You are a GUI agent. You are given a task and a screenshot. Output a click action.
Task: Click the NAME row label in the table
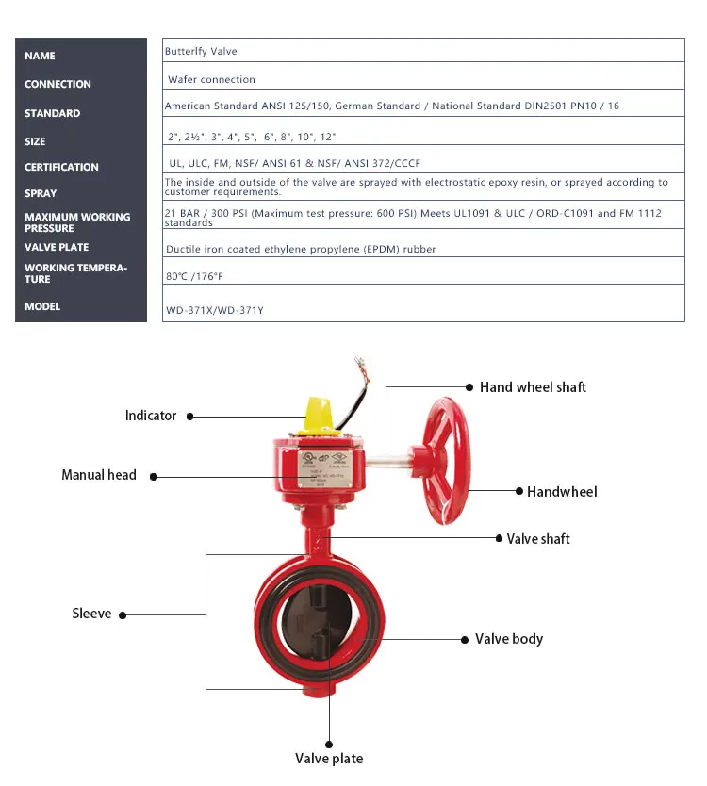pyautogui.click(x=40, y=57)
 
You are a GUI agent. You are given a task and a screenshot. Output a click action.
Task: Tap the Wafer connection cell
pyautogui.click(x=211, y=80)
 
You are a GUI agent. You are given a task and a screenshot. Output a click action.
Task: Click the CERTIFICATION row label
pyautogui.click(x=61, y=167)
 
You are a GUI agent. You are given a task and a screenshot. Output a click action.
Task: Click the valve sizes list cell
pyautogui.click(x=251, y=137)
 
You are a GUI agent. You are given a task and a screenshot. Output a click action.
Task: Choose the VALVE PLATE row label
pyautogui.click(x=57, y=247)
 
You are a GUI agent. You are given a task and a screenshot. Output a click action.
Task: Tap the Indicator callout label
pyautogui.click(x=151, y=416)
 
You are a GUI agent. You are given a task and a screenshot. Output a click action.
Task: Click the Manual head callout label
pyautogui.click(x=99, y=475)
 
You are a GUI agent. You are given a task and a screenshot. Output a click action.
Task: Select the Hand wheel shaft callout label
pyautogui.click(x=533, y=387)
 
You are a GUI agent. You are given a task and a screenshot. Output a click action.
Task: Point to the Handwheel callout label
pyautogui.click(x=562, y=491)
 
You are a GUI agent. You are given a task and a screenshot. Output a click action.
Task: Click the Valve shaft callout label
pyautogui.click(x=538, y=539)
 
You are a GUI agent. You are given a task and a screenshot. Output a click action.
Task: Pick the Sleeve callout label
pyautogui.click(x=91, y=614)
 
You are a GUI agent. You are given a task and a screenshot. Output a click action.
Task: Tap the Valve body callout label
pyautogui.click(x=509, y=639)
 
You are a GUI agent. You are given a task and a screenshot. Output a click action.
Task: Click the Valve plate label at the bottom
pyautogui.click(x=329, y=759)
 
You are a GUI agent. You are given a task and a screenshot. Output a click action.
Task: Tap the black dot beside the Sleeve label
pyautogui.click(x=123, y=615)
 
